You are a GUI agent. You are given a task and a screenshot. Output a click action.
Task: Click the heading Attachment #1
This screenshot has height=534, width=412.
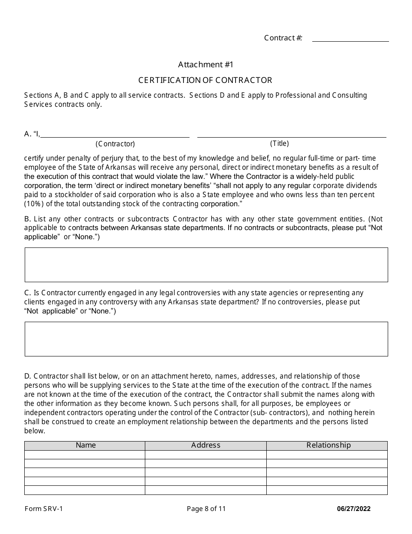click(x=206, y=65)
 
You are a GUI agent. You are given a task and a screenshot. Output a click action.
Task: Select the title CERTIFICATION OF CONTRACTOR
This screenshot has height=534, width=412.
click(x=205, y=80)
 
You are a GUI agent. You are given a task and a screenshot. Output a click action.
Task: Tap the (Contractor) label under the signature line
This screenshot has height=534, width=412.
click(x=115, y=144)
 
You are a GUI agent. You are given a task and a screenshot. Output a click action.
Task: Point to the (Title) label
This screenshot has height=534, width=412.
click(x=279, y=143)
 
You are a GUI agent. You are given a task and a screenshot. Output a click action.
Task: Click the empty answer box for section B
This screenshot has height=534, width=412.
click(x=206, y=265)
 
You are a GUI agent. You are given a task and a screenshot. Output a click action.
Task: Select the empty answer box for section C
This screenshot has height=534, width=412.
click(x=206, y=339)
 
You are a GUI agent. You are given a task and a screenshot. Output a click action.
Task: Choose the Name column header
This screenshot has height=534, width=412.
click(x=85, y=445)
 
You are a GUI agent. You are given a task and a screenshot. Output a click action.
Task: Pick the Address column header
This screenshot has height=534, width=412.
click(x=206, y=445)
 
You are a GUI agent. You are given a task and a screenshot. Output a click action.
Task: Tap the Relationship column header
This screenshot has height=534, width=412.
click(x=328, y=445)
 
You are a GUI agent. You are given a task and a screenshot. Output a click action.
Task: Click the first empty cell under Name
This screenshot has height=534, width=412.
click(x=85, y=455)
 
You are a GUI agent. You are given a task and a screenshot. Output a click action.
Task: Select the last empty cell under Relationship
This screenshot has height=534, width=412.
click(x=327, y=490)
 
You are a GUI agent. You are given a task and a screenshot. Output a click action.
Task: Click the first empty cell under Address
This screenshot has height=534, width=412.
click(x=206, y=455)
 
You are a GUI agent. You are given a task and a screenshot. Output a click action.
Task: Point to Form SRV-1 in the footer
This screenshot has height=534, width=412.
click(x=43, y=509)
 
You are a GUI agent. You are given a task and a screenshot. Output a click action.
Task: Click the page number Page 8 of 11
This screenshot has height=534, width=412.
click(x=206, y=509)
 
